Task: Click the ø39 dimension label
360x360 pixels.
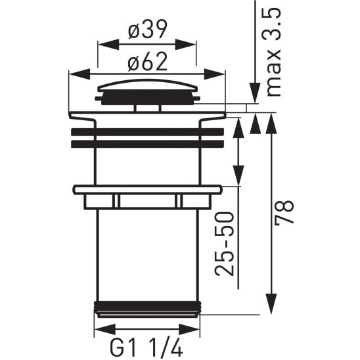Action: coord(147,30)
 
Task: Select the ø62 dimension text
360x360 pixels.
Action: coord(147,62)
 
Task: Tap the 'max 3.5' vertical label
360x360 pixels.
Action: coord(272,53)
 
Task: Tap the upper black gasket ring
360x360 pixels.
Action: coord(147,131)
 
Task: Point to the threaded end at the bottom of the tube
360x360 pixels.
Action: coord(147,309)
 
